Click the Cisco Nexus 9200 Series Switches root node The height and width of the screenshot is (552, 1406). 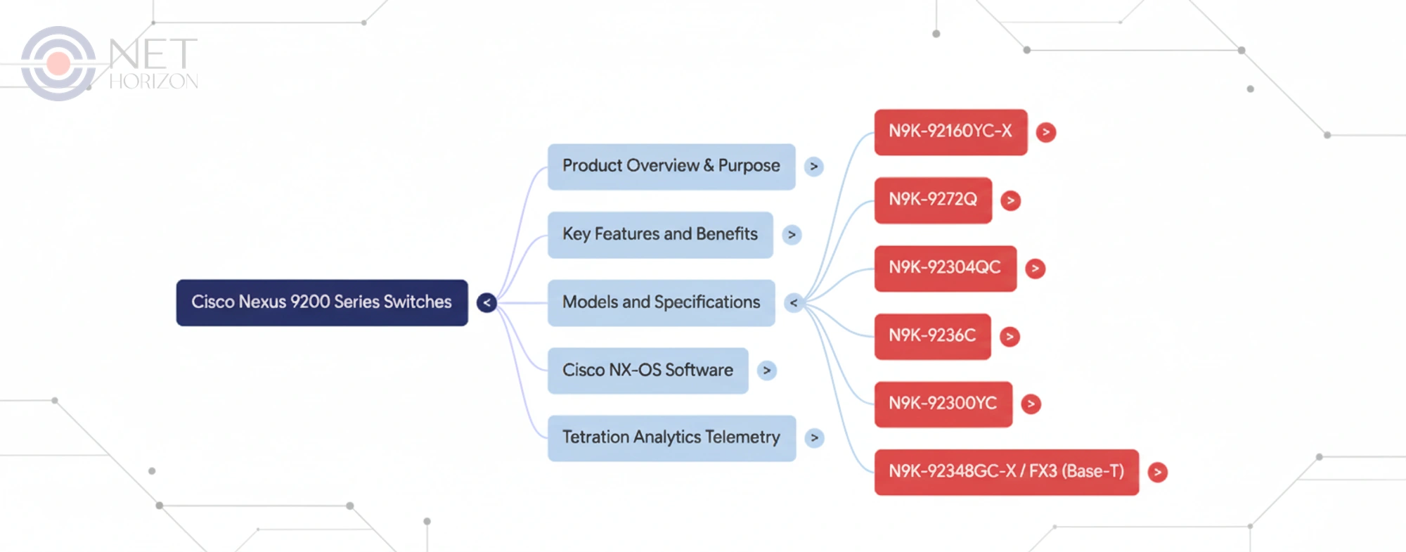pos(321,302)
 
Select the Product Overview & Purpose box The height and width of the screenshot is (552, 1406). pos(671,167)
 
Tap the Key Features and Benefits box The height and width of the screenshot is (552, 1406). pos(659,235)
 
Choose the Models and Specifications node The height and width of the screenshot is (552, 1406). pos(661,302)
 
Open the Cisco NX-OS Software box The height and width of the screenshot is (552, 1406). pos(647,371)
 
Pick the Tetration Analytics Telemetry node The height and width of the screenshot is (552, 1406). pos(671,438)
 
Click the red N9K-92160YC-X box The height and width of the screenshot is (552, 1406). pos(950,131)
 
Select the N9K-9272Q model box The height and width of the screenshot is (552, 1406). pos(932,200)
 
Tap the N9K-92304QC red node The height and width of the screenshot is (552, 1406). pos(944,268)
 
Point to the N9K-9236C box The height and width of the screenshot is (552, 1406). pos(931,336)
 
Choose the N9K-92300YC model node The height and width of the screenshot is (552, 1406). pos(942,404)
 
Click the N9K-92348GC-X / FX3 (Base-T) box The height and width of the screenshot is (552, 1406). pos(1005,472)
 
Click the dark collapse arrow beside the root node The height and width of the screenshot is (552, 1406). pos(486,303)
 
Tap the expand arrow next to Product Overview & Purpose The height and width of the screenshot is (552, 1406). pos(814,167)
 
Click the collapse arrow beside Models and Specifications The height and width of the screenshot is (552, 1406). pos(794,303)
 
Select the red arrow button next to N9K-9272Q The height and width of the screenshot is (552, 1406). pos(1010,200)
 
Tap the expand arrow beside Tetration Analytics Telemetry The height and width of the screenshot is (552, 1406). pos(814,438)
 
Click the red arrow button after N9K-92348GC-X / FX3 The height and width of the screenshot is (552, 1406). pos(1157,472)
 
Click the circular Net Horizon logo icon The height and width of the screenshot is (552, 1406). pos(58,63)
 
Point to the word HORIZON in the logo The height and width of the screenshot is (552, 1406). pos(153,82)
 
